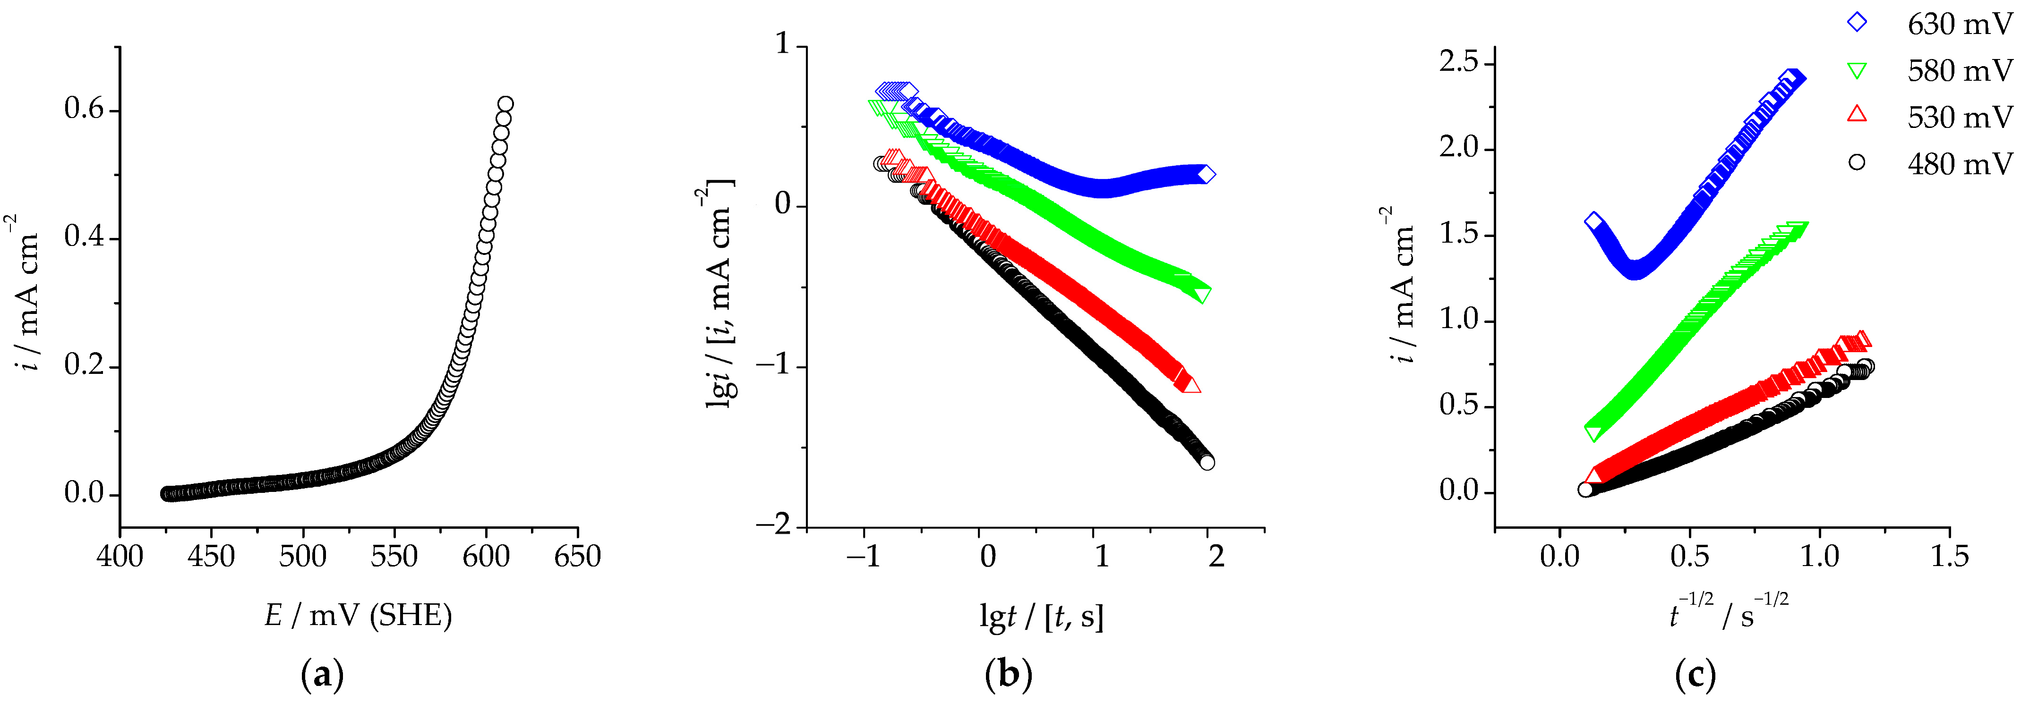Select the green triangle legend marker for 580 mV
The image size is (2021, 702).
pos(1856,71)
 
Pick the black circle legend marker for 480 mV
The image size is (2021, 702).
pos(1856,162)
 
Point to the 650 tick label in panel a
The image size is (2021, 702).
pos(577,557)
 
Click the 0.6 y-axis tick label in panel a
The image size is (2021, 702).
pos(85,110)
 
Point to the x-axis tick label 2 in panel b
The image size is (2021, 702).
pos(1216,557)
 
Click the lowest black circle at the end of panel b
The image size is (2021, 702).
pos(1207,463)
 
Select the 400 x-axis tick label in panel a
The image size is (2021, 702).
pos(120,557)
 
